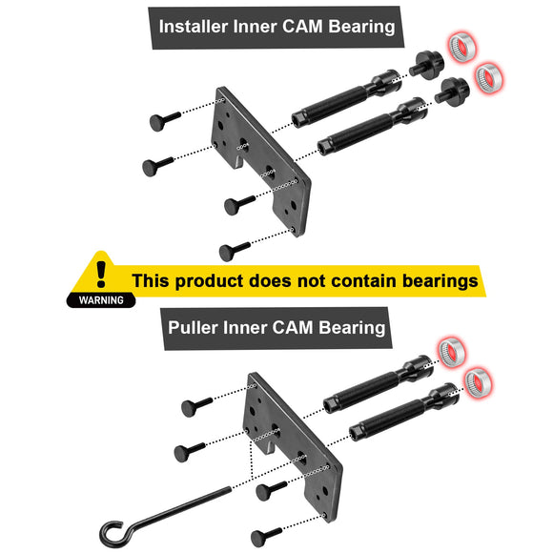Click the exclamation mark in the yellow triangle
tap(101, 271)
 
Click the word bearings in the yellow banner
tap(426, 281)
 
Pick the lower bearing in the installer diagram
tap(490, 76)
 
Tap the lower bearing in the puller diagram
tap(478, 382)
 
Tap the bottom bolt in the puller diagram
tap(268, 536)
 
